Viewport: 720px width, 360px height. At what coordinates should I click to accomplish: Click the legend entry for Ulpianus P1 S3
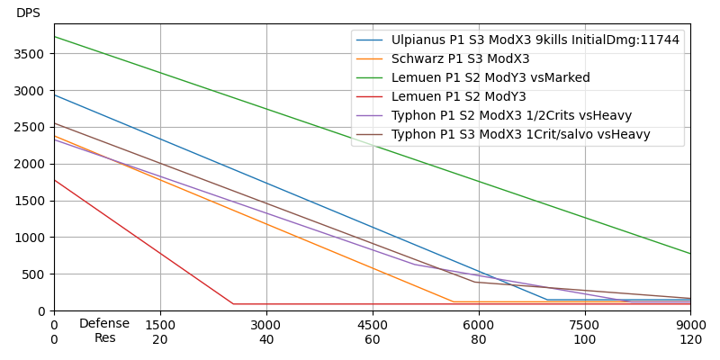[535, 40]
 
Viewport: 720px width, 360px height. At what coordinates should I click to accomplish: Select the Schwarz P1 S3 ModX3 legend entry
[460, 59]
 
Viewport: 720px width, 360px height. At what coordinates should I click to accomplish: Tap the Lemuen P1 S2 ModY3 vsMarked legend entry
[490, 78]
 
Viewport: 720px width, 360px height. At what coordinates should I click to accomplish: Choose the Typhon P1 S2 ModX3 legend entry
[511, 116]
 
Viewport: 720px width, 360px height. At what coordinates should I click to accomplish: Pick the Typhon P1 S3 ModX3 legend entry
[520, 135]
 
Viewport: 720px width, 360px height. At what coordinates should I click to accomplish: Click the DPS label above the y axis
[28, 13]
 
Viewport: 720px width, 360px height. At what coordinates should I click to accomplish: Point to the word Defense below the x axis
[104, 324]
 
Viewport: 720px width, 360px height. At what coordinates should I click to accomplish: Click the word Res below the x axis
[105, 338]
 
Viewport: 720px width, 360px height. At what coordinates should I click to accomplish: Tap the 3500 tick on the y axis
[31, 54]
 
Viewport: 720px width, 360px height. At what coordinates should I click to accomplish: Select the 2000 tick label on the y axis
[31, 164]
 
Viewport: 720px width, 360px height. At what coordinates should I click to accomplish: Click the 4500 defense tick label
[373, 325]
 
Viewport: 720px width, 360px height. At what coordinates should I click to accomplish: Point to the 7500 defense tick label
[585, 325]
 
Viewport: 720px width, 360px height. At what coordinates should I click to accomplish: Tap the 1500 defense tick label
[160, 325]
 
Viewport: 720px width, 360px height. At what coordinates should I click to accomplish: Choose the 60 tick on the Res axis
[373, 339]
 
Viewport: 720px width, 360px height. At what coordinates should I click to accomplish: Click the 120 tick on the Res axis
[690, 339]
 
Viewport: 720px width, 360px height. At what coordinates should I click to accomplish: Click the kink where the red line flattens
[232, 304]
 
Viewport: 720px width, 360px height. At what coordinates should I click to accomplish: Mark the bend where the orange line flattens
[454, 302]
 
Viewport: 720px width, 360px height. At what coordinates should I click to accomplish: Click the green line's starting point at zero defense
[54, 36]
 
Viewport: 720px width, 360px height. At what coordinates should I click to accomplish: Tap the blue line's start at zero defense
[54, 94]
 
